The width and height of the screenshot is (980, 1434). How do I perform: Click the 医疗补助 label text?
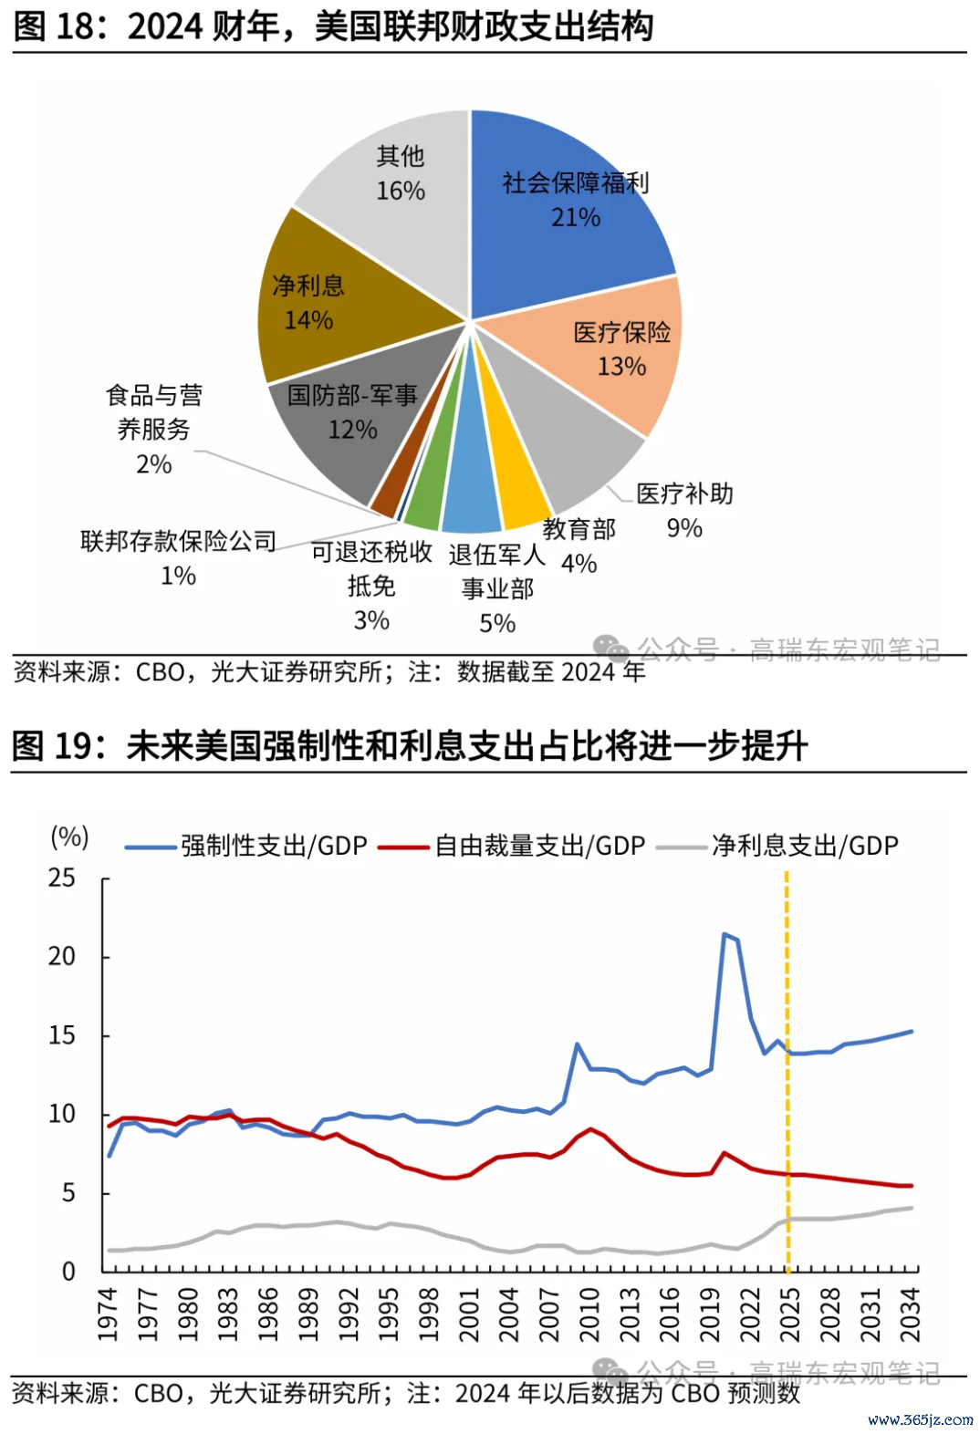tap(684, 494)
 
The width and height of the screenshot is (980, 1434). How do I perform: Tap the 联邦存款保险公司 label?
tap(179, 541)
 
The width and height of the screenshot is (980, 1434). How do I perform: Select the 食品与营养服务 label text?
tap(154, 412)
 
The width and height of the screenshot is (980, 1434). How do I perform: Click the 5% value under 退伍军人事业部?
tap(497, 623)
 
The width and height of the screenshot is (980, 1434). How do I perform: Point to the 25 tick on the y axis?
tap(62, 878)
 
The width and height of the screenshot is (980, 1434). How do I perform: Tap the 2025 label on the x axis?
tap(790, 1314)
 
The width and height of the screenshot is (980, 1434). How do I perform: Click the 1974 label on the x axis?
tap(109, 1314)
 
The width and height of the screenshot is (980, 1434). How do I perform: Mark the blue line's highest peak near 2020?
tap(725, 934)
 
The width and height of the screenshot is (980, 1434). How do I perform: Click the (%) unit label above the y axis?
tap(69, 836)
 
